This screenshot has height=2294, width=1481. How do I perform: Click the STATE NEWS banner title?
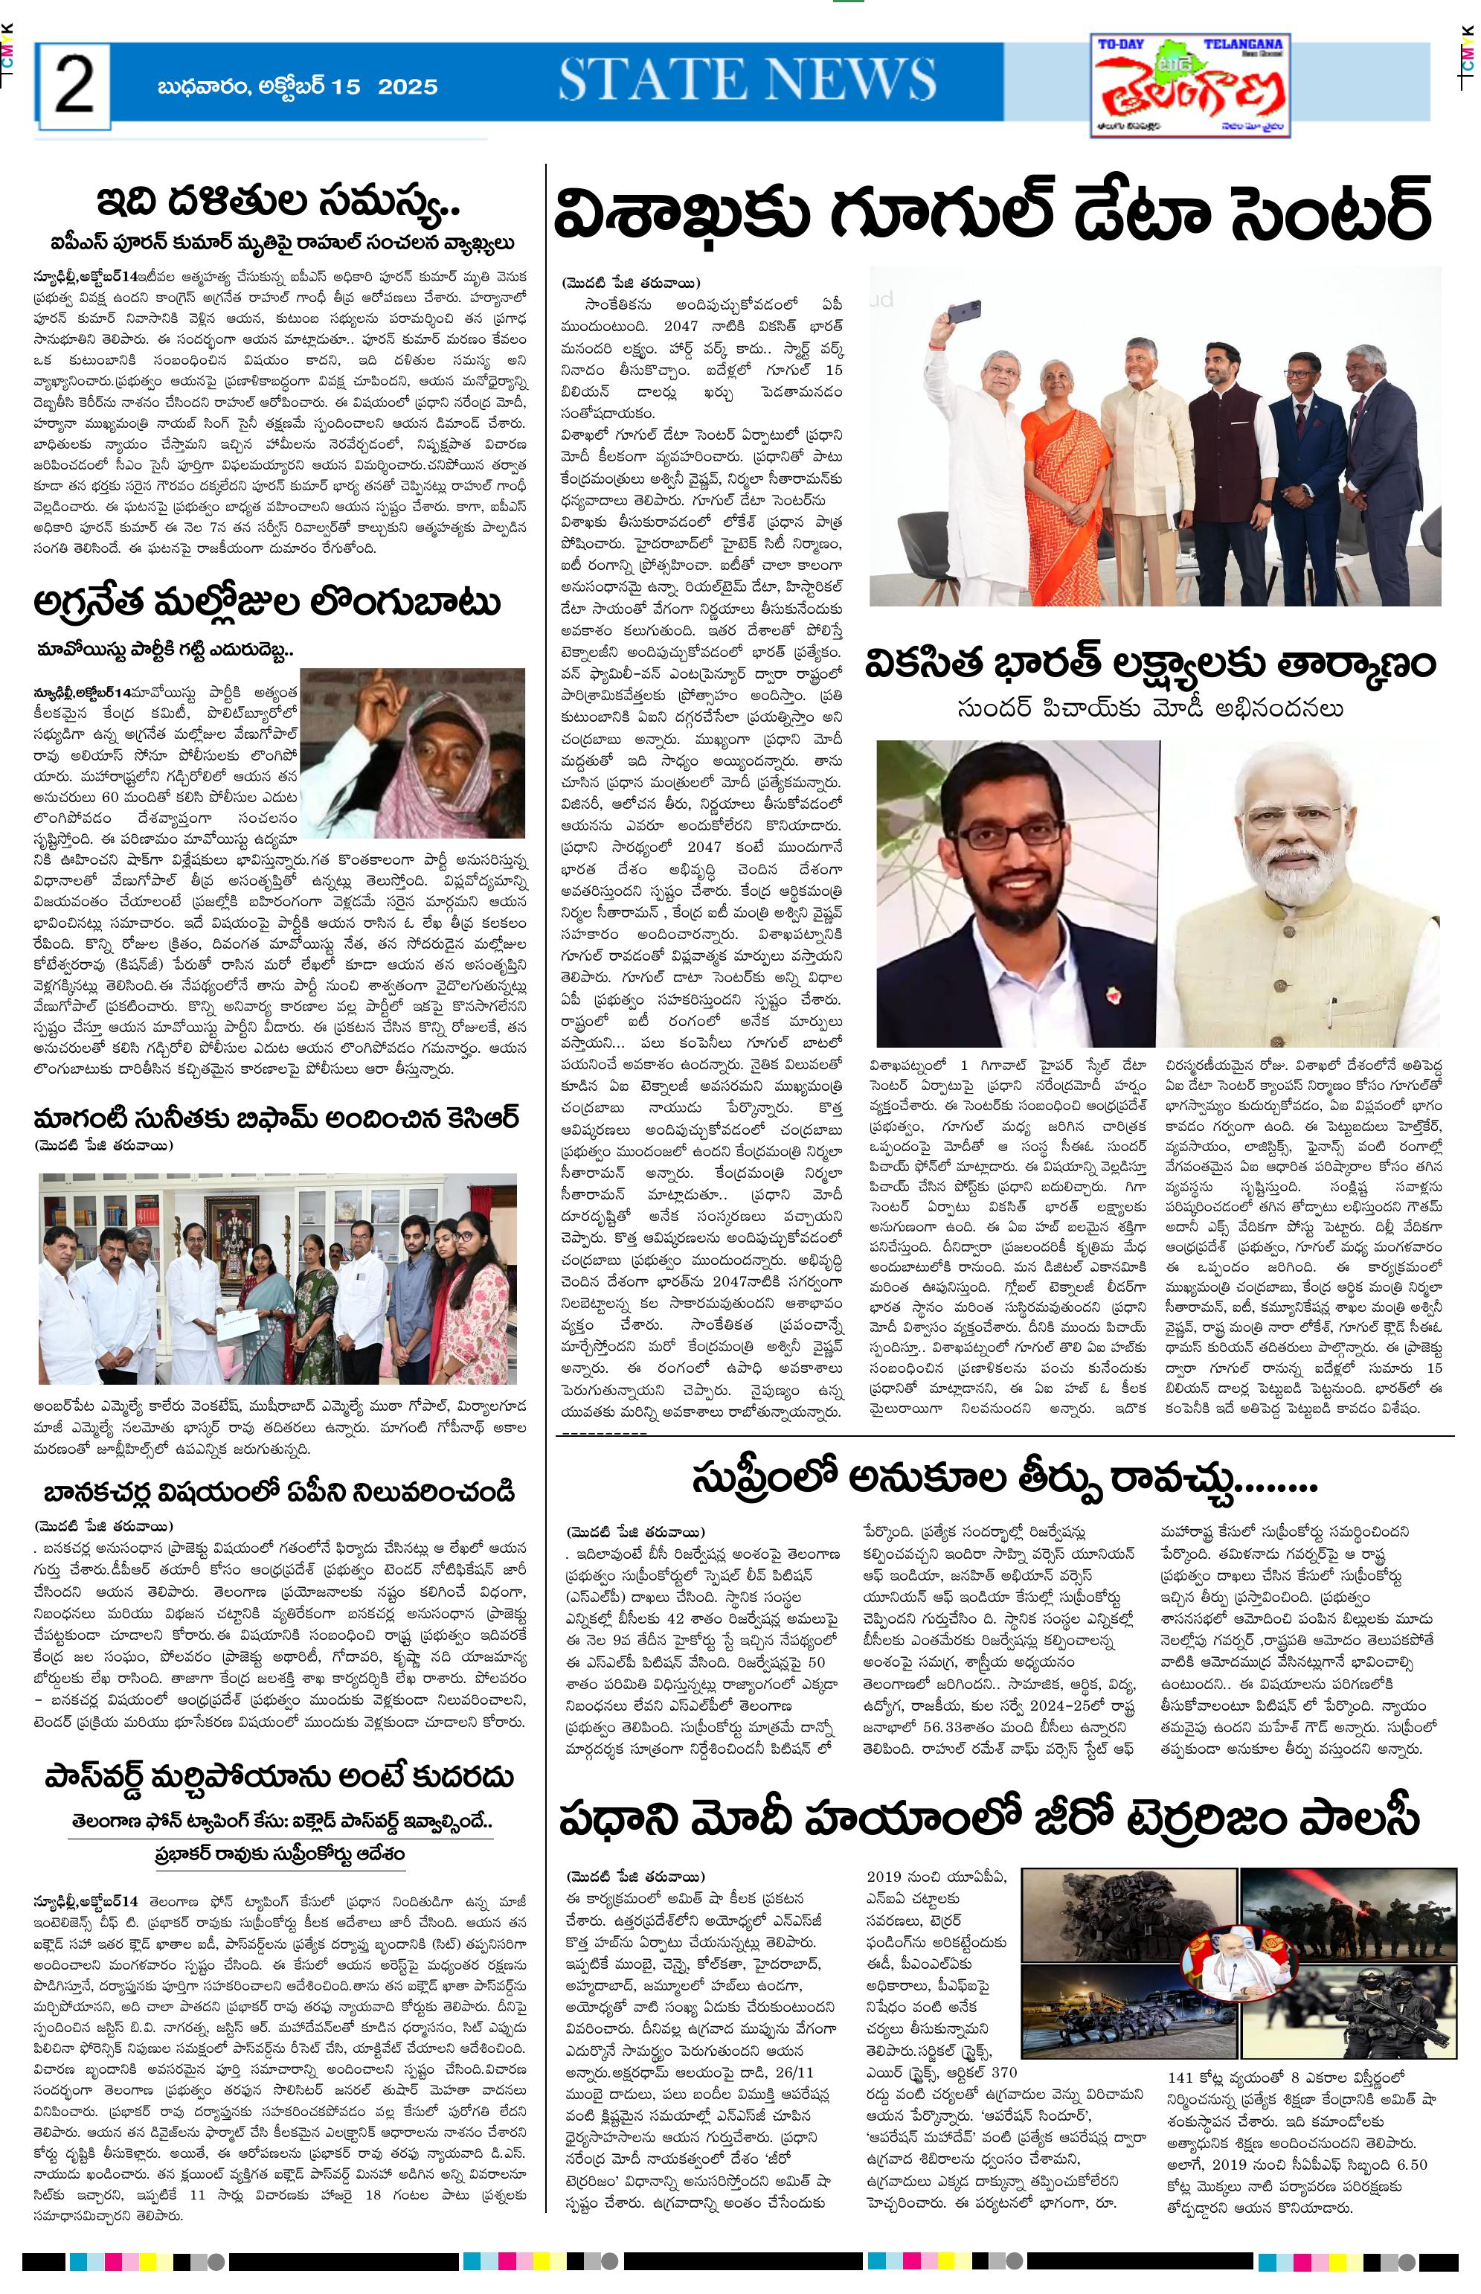[x=748, y=79]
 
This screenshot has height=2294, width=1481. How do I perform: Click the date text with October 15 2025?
[x=297, y=86]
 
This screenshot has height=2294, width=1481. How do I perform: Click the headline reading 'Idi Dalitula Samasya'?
[x=279, y=203]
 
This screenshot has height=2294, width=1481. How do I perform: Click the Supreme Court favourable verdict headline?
[x=1004, y=1479]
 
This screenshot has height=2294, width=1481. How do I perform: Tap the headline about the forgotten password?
[x=279, y=1777]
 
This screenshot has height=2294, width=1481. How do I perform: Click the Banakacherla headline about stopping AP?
[x=279, y=1493]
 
